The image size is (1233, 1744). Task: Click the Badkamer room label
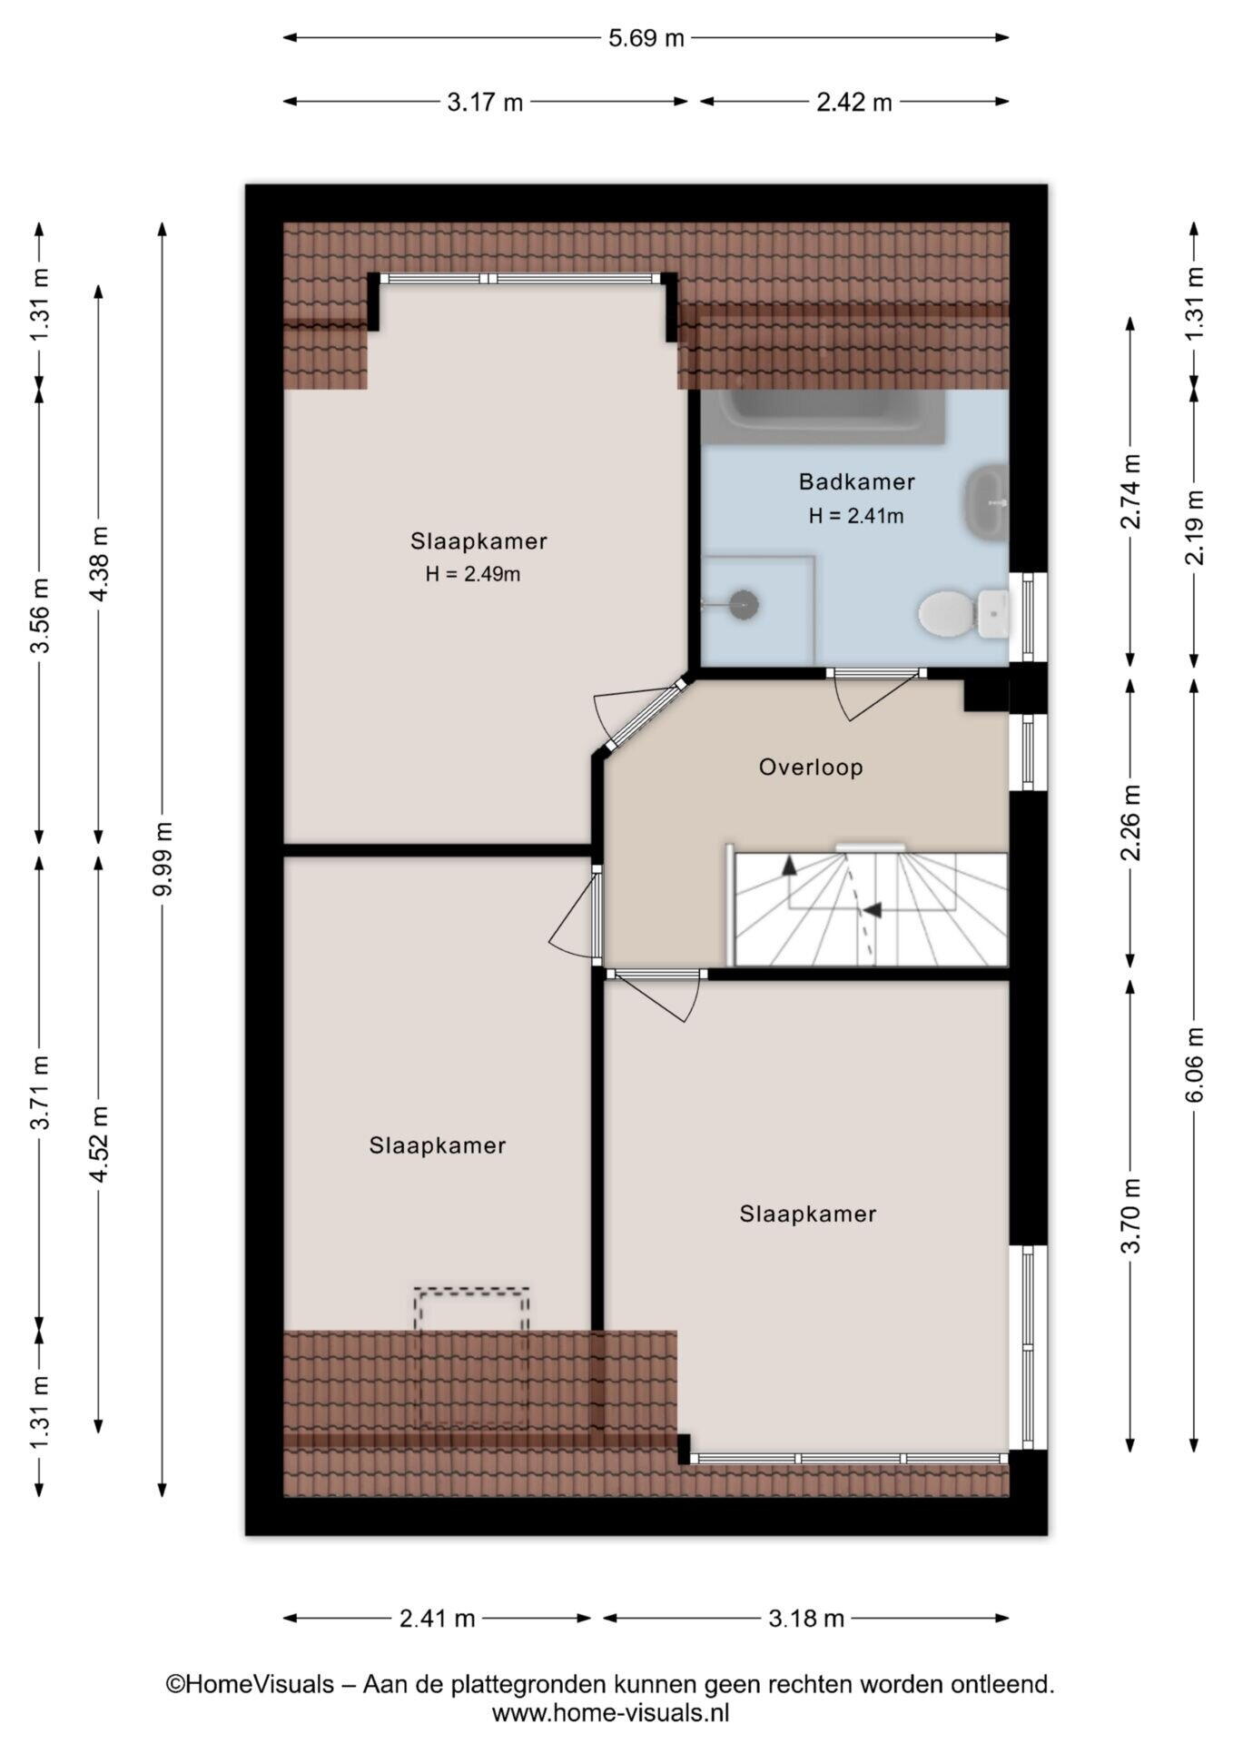tap(856, 481)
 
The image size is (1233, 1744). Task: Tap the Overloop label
tap(811, 768)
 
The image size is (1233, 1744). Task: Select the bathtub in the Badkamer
tap(823, 417)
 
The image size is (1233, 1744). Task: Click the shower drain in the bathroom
tap(744, 603)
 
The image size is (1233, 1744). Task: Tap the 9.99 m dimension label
tap(163, 859)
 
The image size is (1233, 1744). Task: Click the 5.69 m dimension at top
tap(646, 37)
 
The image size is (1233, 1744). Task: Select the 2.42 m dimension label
tap(854, 102)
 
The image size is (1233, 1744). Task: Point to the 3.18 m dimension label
tap(806, 1618)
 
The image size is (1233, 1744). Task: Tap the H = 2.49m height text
tap(473, 574)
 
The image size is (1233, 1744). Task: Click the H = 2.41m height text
tap(856, 516)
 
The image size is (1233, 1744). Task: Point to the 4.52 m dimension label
tap(99, 1144)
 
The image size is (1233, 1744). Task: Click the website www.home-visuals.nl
tap(611, 1713)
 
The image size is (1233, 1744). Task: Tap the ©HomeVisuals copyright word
tap(250, 1684)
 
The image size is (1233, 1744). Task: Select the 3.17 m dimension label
tap(485, 102)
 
